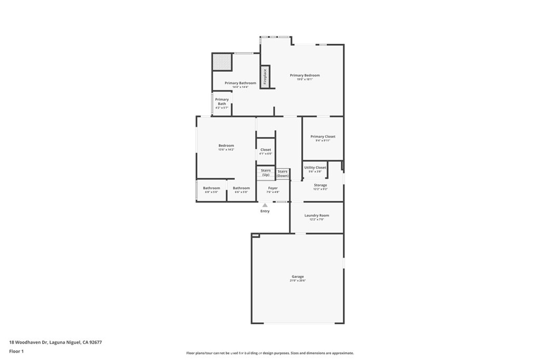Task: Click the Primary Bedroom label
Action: pos(305,75)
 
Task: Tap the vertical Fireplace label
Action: pos(265,77)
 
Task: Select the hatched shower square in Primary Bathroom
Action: pos(222,62)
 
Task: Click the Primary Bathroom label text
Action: pos(240,83)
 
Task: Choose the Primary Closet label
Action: pos(323,137)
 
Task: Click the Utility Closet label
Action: pos(315,168)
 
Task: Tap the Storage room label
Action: pos(320,185)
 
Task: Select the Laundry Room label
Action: pos(316,215)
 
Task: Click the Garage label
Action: pos(297,276)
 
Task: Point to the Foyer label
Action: pos(273,188)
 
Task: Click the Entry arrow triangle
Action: pos(265,205)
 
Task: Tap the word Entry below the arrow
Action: pos(265,211)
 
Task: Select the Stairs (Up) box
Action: pos(266,172)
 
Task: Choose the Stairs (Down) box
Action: pos(283,173)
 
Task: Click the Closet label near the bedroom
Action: pos(266,150)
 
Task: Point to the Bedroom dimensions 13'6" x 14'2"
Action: pos(226,150)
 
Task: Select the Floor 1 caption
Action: pos(16,351)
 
